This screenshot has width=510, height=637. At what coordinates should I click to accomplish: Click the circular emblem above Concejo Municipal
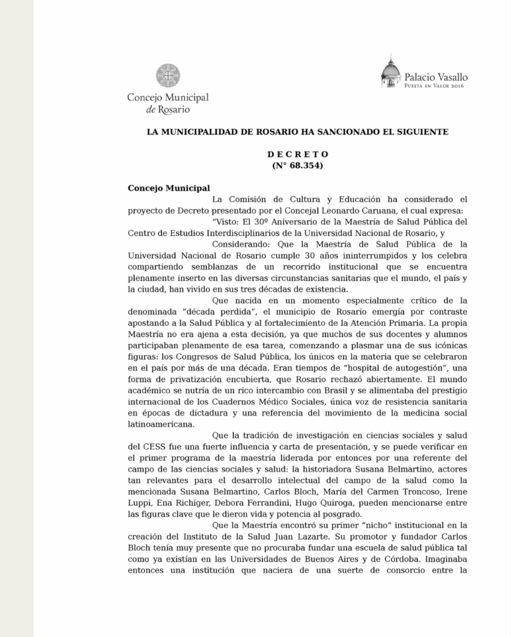click(x=168, y=76)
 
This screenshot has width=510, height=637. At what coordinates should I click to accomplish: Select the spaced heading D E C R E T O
click(x=298, y=154)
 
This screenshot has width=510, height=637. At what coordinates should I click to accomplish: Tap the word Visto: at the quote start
click(x=229, y=222)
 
